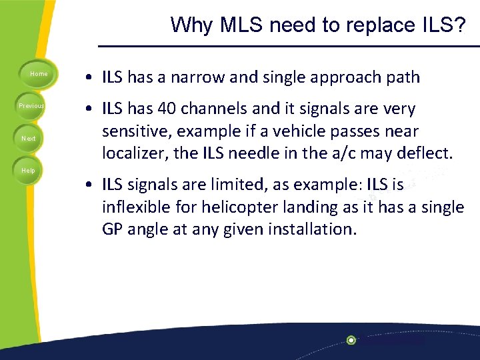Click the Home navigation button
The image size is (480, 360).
(39, 74)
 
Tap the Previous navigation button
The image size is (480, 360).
(31, 106)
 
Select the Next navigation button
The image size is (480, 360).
(29, 139)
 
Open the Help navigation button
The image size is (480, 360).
(29, 171)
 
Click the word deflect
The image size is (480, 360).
(424, 154)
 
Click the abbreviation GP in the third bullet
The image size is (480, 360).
(112, 230)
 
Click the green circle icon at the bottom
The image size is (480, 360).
(351, 340)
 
